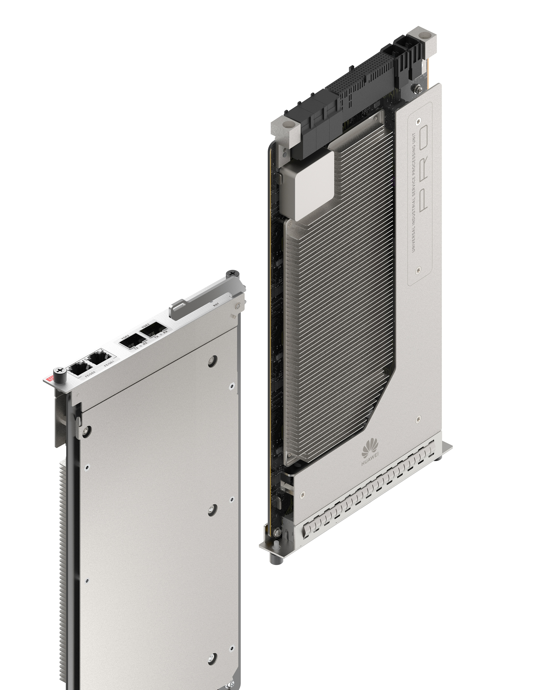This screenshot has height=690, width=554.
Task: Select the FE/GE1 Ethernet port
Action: click(x=99, y=358)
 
